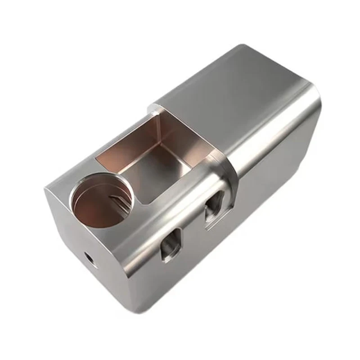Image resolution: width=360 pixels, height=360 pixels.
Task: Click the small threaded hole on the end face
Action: (x=89, y=257)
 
